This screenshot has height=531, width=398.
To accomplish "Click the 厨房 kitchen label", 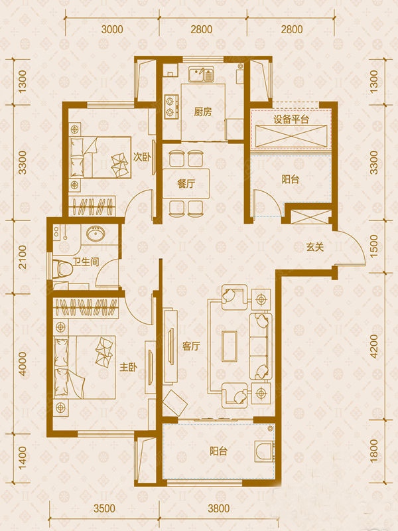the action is pos(203,112).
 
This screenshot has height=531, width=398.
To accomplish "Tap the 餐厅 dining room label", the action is pos(186,184).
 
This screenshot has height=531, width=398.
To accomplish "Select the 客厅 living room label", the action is pos(191,346).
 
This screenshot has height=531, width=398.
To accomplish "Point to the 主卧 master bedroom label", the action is pos(128,367).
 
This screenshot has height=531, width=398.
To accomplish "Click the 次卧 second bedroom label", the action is pos(142,157).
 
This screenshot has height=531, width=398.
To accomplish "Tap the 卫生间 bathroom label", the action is pos(86,262).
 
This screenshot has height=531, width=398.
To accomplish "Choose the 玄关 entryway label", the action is pos(315,247).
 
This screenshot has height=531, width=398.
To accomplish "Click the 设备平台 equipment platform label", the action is pos(291,119).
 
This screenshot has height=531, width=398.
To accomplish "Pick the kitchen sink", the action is pos(202,75).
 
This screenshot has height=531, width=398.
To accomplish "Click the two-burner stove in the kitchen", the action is pos(172,106).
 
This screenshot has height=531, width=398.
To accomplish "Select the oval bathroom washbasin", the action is pos(96,234).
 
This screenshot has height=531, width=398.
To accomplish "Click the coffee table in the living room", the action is pos(230,346).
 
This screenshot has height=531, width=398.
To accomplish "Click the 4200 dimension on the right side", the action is pos(373,346).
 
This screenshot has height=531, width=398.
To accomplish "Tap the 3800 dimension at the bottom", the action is pos(219,508).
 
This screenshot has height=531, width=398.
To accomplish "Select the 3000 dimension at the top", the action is pos(112,29).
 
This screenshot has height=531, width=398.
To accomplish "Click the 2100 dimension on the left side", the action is pos(22,257).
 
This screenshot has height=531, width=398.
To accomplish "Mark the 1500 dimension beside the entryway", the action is pos(373,246).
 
